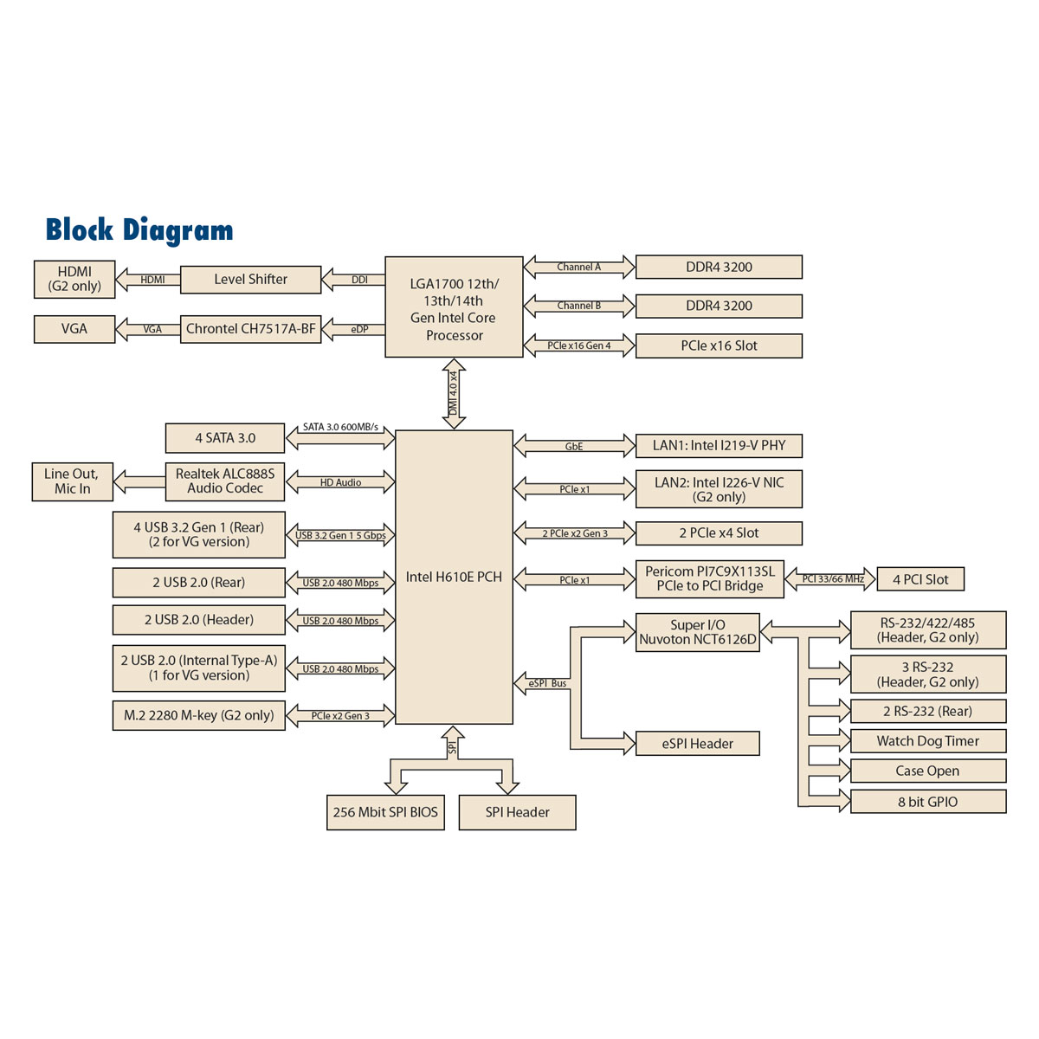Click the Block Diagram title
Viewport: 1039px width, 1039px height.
139,230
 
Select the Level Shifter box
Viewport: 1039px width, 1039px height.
250,280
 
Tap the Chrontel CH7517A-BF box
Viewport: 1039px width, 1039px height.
250,329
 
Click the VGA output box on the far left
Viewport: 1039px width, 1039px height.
74,329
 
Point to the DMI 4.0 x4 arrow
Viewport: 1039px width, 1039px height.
454,394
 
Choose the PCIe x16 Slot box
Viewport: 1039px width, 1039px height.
719,345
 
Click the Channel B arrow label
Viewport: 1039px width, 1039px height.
579,306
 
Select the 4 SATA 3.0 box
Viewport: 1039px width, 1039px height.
225,438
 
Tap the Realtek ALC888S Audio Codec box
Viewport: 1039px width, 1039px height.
225,481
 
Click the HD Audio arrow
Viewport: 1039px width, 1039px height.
340,482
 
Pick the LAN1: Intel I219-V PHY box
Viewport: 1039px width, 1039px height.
719,446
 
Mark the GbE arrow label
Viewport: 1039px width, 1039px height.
574,447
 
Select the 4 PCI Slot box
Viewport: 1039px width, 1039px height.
920,579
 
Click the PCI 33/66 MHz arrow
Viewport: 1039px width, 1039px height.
832,579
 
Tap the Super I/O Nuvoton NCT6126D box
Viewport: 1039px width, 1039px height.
697,632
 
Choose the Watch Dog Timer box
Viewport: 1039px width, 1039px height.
927,741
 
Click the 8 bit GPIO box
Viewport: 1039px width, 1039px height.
927,802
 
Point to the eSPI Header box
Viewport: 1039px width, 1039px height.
697,744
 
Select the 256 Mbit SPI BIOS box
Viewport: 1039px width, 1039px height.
385,812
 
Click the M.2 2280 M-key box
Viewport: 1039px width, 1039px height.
198,716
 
